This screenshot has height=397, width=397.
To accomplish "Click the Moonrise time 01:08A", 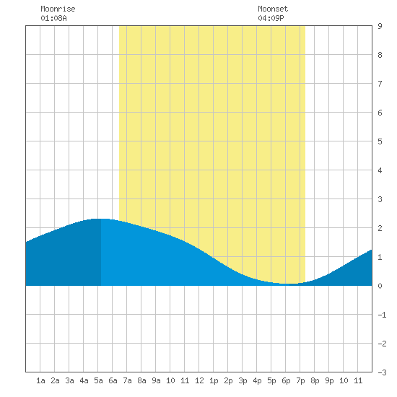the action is pos(53,18).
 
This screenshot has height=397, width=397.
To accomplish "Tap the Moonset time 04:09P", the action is pos(271,18).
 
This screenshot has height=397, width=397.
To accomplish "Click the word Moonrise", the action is pos(58,9).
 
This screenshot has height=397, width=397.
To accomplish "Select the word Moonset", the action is pos(273,9).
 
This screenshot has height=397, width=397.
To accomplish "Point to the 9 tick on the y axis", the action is pos(380,26).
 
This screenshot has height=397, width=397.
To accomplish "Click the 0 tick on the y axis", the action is pos(380,286).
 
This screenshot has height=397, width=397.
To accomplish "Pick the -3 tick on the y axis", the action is pos(382,372).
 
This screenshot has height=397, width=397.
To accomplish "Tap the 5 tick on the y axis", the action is pos(380,141).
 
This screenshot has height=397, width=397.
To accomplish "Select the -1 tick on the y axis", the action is pos(382,315).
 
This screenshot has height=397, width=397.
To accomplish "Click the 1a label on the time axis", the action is pos(40,380).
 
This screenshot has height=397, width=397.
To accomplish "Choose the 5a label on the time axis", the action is pos(98,380).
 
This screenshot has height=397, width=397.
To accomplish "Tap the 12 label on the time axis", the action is pos(199,380).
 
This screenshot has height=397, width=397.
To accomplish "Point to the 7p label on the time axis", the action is pos(300,380).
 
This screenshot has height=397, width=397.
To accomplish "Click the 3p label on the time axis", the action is pos(243,380).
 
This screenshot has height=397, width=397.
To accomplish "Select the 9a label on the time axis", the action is pos(156,380).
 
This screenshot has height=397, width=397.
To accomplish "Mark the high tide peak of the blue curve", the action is pos(101,219).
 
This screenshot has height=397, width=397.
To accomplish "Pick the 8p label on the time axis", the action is pos(315,380).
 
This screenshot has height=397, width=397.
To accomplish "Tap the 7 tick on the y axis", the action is pos(380,84).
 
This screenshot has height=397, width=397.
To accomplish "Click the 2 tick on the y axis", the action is pos(380,228).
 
